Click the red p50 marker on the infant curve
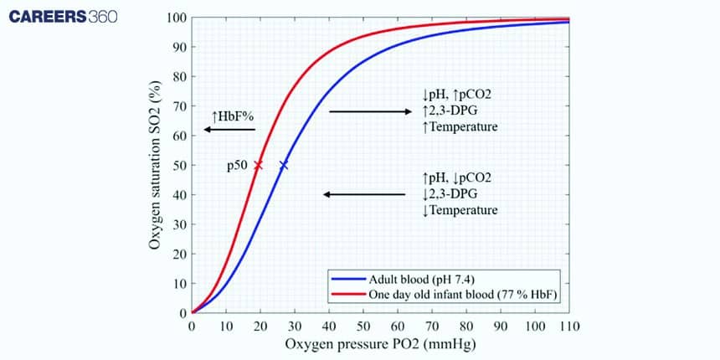(x=258, y=166)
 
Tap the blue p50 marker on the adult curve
(x=284, y=166)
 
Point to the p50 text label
(x=237, y=166)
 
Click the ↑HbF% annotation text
(x=234, y=115)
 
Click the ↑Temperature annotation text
(x=460, y=126)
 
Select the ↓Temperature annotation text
(x=460, y=209)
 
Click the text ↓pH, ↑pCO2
(x=457, y=96)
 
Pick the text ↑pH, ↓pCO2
(x=457, y=178)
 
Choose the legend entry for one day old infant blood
(x=461, y=295)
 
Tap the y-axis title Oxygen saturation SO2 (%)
(x=155, y=166)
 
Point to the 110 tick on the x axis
(x=569, y=325)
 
